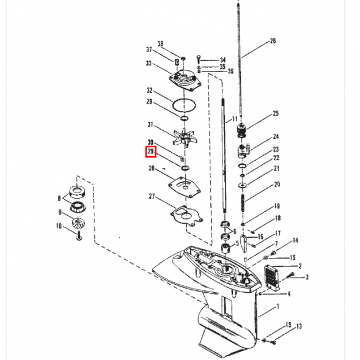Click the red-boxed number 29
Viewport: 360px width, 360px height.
(150, 152)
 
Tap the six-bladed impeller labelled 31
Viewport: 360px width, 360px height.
(185, 138)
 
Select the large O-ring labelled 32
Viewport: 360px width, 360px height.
(184, 106)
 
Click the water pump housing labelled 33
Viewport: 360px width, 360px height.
(185, 80)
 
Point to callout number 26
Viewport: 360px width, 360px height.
(273, 41)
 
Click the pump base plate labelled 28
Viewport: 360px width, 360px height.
(185, 186)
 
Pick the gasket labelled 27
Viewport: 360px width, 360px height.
(186, 216)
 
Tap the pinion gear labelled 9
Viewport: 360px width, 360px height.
(79, 223)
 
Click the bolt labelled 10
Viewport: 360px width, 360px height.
(79, 236)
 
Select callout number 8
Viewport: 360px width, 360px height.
(59, 198)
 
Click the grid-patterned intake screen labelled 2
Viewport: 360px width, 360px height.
(273, 278)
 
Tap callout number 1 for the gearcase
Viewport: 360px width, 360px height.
(278, 306)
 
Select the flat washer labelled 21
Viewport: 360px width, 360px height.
(243, 185)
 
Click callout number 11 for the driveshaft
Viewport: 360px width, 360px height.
(235, 119)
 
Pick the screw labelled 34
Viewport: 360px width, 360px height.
(199, 59)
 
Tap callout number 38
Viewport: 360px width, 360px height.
(160, 43)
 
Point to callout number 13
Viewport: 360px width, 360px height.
(299, 326)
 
